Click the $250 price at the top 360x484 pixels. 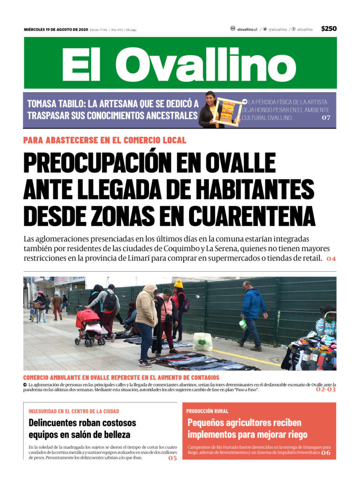tap(329, 29)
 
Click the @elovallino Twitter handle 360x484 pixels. tap(277, 29)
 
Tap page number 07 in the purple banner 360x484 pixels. tap(326, 118)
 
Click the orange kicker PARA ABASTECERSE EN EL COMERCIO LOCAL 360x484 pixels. tap(105, 140)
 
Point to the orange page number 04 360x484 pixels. tap(331, 259)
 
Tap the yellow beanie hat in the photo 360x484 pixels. tap(178, 284)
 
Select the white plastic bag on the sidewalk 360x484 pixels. tap(202, 342)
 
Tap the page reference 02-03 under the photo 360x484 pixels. tap(325, 389)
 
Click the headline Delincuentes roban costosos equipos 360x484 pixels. tap(82, 428)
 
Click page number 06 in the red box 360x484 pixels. tap(326, 453)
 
